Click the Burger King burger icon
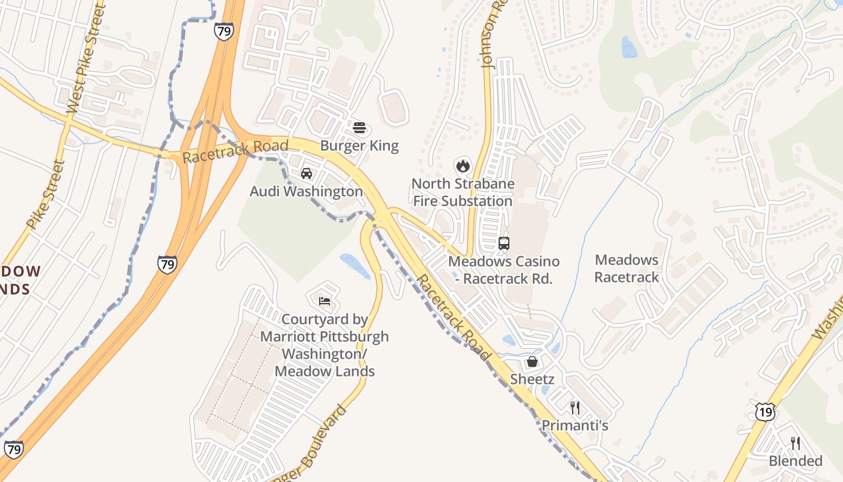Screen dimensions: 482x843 point(359,128)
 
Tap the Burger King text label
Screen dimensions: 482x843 point(359,146)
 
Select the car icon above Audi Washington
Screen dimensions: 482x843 point(306,174)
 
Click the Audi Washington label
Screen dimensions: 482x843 point(306,192)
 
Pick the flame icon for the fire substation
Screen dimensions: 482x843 point(462,165)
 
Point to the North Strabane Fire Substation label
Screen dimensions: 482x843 point(462,192)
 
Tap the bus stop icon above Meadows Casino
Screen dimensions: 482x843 point(504,243)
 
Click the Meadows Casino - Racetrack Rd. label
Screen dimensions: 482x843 point(504,270)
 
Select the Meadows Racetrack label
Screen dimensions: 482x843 point(627,269)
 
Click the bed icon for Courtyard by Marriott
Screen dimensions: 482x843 point(325,301)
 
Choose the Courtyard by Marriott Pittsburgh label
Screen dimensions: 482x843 point(325,345)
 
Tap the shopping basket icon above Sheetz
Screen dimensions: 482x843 point(532,361)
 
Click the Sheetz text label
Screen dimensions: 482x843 point(532,379)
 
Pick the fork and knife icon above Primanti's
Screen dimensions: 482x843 point(575,408)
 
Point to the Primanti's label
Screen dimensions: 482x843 point(575,425)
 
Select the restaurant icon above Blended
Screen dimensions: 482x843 point(795,443)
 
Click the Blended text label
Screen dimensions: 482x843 point(795,461)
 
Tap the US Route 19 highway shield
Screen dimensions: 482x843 point(765,412)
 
